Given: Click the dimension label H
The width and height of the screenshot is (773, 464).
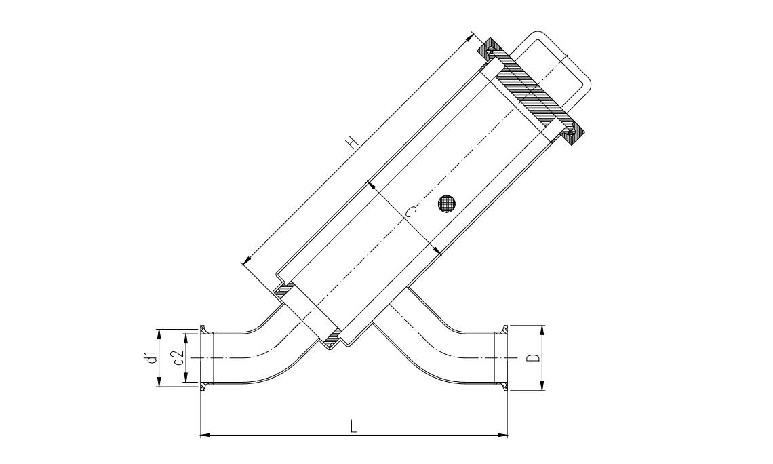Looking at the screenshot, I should click(x=351, y=142).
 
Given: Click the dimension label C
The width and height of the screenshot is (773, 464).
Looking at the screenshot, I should click(x=410, y=213).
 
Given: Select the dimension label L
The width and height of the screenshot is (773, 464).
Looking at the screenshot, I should click(x=353, y=425).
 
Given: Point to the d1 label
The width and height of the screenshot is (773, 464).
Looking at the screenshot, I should click(x=153, y=357).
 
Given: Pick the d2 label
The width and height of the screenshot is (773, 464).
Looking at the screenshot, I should click(x=178, y=357).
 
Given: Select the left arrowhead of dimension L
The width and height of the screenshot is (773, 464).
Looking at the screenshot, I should click(x=204, y=434).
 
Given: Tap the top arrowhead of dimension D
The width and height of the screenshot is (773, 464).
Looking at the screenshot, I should click(x=542, y=330).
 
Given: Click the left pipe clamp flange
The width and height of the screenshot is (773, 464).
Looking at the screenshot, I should click(x=203, y=357).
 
